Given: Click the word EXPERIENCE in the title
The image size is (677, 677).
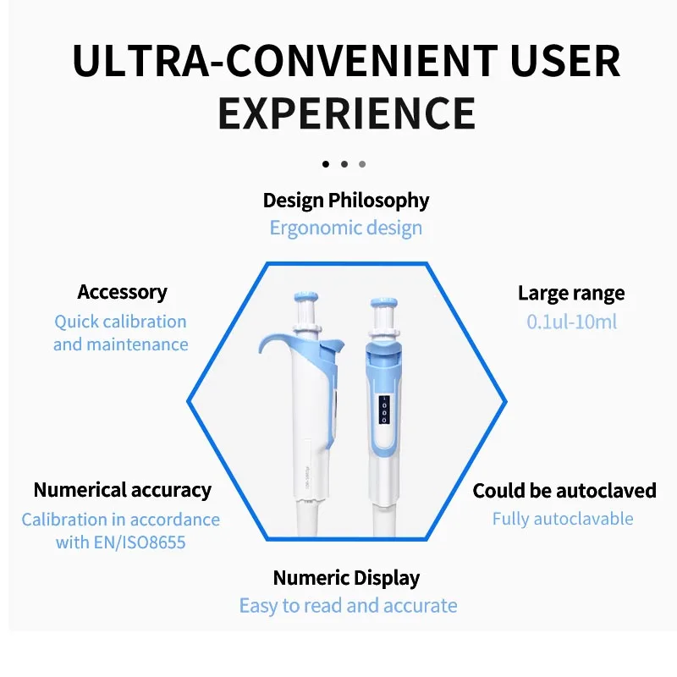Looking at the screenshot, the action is pos(347,113).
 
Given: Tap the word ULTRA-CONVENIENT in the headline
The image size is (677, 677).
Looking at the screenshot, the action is pos(285,60).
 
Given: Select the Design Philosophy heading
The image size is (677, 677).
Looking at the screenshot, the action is pos(346,201).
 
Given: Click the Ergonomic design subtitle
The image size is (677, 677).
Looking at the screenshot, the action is pos(346,228).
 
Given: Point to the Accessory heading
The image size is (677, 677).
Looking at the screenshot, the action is pos(122,292).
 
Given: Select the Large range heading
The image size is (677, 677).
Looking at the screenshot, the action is pos(571,294).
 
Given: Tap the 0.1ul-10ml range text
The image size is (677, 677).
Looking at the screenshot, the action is pos(572,322).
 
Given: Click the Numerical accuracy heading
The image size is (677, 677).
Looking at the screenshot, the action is pos(123,490).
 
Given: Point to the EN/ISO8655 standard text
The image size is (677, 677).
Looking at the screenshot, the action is pos(140,542).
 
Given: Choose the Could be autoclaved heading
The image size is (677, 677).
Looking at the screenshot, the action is pos(564,491).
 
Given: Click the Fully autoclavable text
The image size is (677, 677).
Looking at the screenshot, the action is pos(563,519).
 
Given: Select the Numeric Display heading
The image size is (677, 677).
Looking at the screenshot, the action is pos(346,578).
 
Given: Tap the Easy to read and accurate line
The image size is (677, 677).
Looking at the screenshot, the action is pos(349,606).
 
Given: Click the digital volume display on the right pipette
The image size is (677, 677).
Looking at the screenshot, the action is pos(384,409).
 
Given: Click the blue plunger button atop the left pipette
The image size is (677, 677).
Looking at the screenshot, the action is pos(306,297).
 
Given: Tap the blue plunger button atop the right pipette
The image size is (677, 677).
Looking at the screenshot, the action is pos(384,302).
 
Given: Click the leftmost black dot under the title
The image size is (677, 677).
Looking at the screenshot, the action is pos(326,164).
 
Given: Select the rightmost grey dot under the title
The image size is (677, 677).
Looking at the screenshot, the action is pos(362,164).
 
